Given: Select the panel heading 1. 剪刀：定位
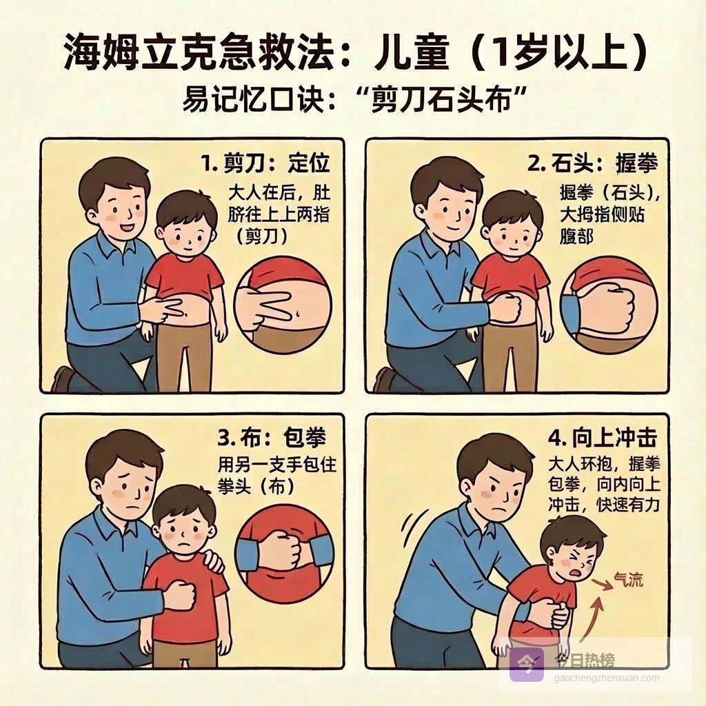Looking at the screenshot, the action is click(265, 163).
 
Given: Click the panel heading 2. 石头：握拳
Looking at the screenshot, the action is click(593, 163).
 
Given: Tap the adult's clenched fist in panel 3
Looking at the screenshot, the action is click(181, 595).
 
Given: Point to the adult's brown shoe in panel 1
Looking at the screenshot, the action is click(61, 380).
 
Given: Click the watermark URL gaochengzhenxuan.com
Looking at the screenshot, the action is click(607, 678).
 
